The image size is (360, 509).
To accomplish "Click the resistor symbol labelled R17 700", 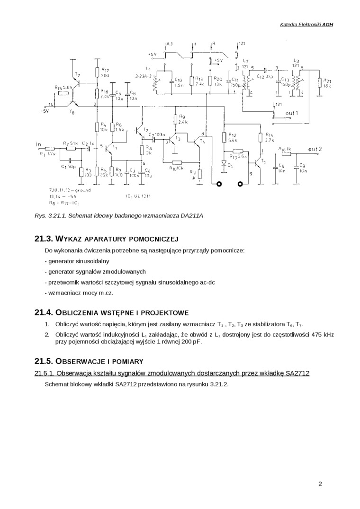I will click(x=97, y=72).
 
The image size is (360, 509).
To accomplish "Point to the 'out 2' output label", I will click(x=315, y=149).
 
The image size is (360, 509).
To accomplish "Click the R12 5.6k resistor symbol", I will click(x=224, y=137).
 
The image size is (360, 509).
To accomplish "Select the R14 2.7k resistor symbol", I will click(x=260, y=137).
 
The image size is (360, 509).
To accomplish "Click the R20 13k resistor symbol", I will click(x=211, y=81).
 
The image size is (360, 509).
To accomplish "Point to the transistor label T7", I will click(x=77, y=75).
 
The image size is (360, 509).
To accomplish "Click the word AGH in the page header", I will click(x=328, y=25).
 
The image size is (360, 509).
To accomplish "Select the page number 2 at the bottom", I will click(x=320, y=484).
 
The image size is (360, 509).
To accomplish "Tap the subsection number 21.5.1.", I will click(x=45, y=374).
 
